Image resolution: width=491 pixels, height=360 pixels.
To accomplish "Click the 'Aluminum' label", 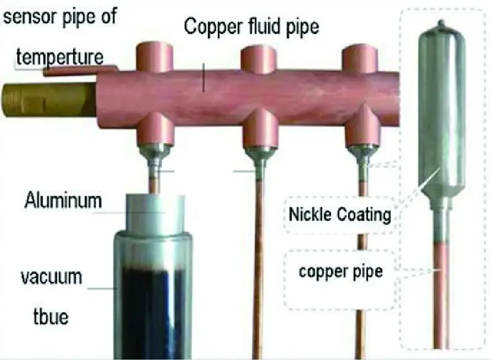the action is [x=63, y=201].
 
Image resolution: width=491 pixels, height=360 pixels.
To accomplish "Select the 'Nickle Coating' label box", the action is [x=340, y=214].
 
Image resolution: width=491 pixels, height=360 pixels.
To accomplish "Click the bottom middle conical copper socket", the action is [x=261, y=130].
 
